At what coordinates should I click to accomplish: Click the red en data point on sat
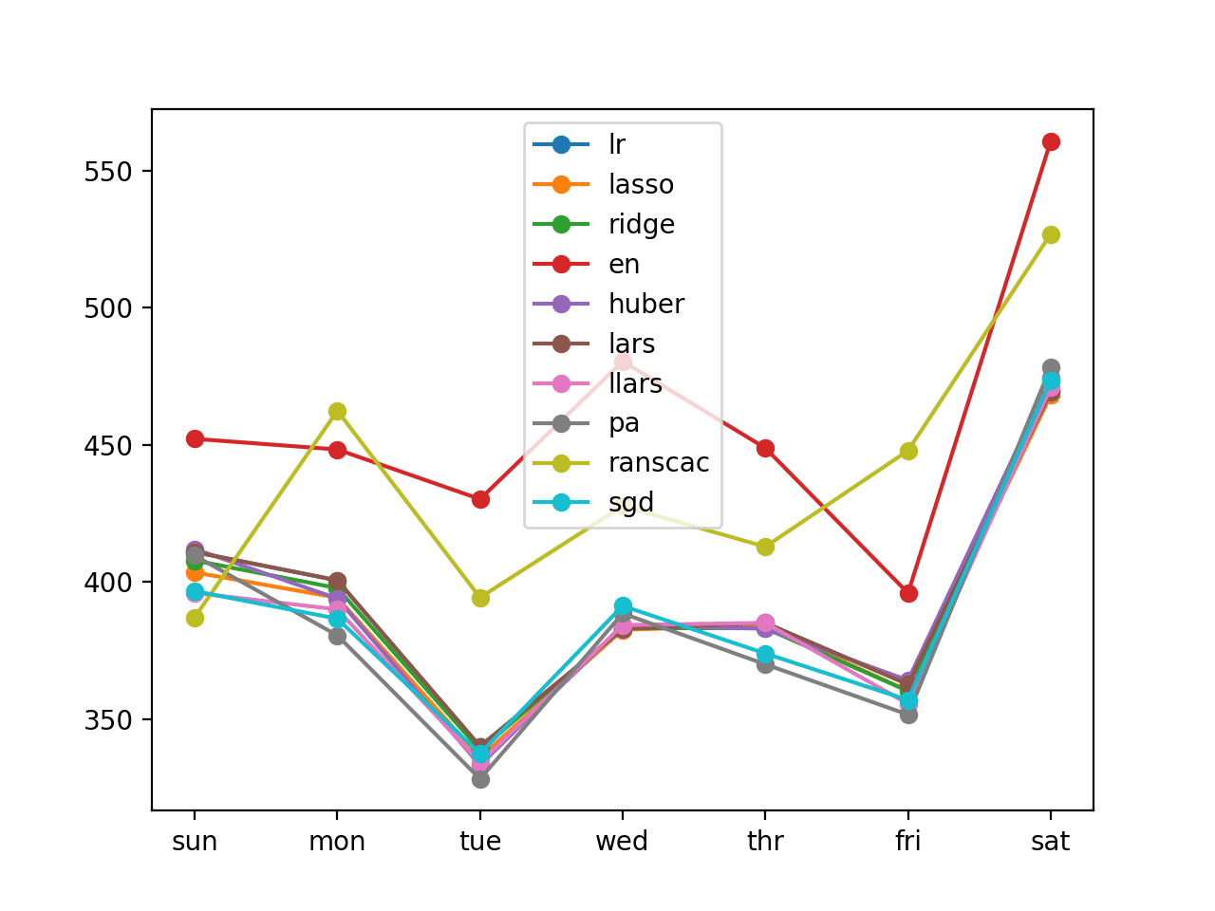click(1051, 141)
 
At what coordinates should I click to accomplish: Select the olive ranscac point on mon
click(337, 411)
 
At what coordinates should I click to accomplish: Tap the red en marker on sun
click(195, 438)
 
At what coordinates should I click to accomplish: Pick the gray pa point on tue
click(480, 779)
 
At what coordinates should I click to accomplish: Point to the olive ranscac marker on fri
click(908, 451)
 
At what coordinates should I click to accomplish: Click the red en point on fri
click(908, 593)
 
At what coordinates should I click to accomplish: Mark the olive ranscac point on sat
click(1051, 234)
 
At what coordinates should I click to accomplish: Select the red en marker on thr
click(765, 448)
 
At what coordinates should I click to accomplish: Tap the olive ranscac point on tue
click(480, 598)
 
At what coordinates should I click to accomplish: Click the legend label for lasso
click(641, 184)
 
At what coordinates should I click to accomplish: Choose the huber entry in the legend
click(645, 304)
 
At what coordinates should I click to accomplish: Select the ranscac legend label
click(659, 463)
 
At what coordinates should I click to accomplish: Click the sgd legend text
click(631, 503)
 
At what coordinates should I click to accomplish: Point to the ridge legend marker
click(561, 224)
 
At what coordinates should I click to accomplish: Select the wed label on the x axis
click(622, 842)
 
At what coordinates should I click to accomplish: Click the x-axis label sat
click(1051, 842)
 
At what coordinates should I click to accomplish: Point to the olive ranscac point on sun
click(195, 618)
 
